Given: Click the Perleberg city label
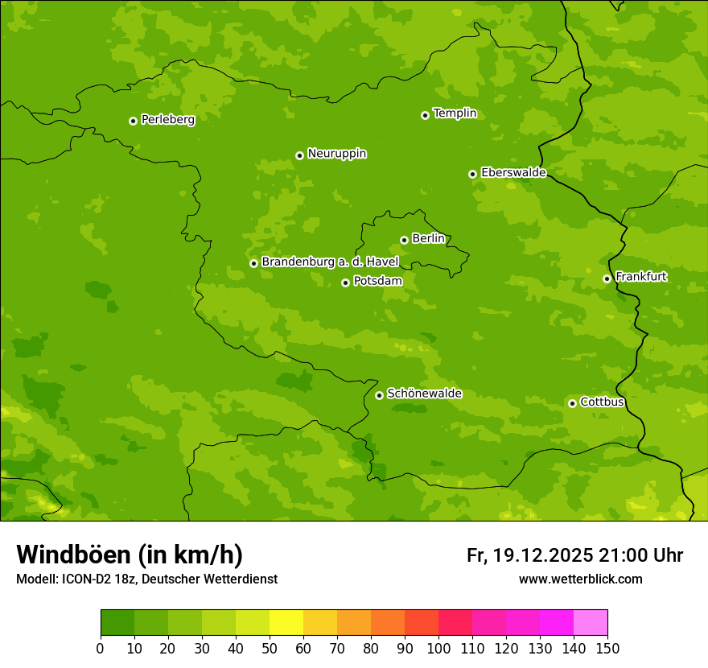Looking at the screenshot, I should tap(167, 120).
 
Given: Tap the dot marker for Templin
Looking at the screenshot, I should tap(425, 115).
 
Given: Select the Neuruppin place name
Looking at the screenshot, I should tap(336, 154).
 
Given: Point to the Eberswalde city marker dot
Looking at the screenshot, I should tap(472, 174).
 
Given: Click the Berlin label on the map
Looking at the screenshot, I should tap(428, 239).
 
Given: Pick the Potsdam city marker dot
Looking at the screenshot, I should tap(345, 282).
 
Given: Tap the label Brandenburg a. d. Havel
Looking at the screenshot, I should tap(330, 262).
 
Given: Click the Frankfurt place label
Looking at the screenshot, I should tap(640, 277).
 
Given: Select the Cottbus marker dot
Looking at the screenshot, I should tap(572, 403).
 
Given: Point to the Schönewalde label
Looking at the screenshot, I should tap(424, 394).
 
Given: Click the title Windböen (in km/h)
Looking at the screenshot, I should tap(130, 555).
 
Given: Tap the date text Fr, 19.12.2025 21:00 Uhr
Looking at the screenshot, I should tap(574, 555).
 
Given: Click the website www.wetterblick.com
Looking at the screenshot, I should tap(580, 579).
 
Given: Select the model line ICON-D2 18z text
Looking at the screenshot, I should tap(146, 579).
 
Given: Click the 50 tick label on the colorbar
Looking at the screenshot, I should tap(270, 648).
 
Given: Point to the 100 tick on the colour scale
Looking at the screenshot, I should tap(438, 648).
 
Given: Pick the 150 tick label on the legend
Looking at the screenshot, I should tap(607, 648).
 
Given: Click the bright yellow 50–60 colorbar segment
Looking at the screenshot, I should tap(286, 623).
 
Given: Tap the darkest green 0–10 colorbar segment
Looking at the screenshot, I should tap(117, 623).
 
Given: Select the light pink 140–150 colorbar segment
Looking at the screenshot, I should tap(591, 623).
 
